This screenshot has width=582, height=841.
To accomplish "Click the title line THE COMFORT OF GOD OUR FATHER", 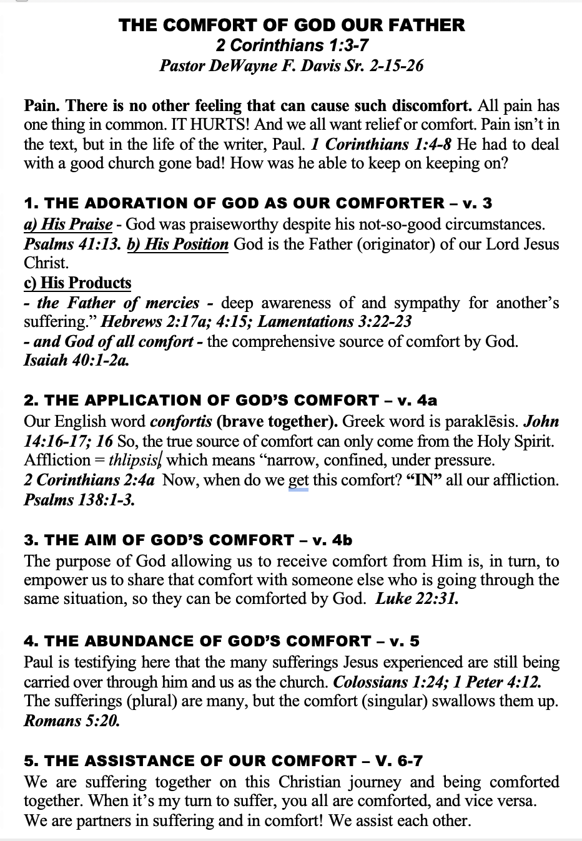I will click(x=291, y=25).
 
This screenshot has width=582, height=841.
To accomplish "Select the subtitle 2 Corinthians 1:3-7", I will click(x=291, y=45).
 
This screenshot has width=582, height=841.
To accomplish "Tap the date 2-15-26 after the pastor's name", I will click(x=397, y=65).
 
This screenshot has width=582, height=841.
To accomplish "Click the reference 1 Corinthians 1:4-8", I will click(x=381, y=144).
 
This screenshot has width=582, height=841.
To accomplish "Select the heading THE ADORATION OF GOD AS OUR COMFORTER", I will click(x=234, y=203).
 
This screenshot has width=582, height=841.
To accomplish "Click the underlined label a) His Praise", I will click(x=68, y=224).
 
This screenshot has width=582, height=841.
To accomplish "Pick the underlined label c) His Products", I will click(x=77, y=283).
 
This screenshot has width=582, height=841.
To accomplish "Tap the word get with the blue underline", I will click(x=298, y=480).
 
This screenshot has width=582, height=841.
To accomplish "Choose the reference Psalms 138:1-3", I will click(x=79, y=500).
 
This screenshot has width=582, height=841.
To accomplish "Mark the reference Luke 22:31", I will click(x=417, y=599).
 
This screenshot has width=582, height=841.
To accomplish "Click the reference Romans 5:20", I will click(x=71, y=721).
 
